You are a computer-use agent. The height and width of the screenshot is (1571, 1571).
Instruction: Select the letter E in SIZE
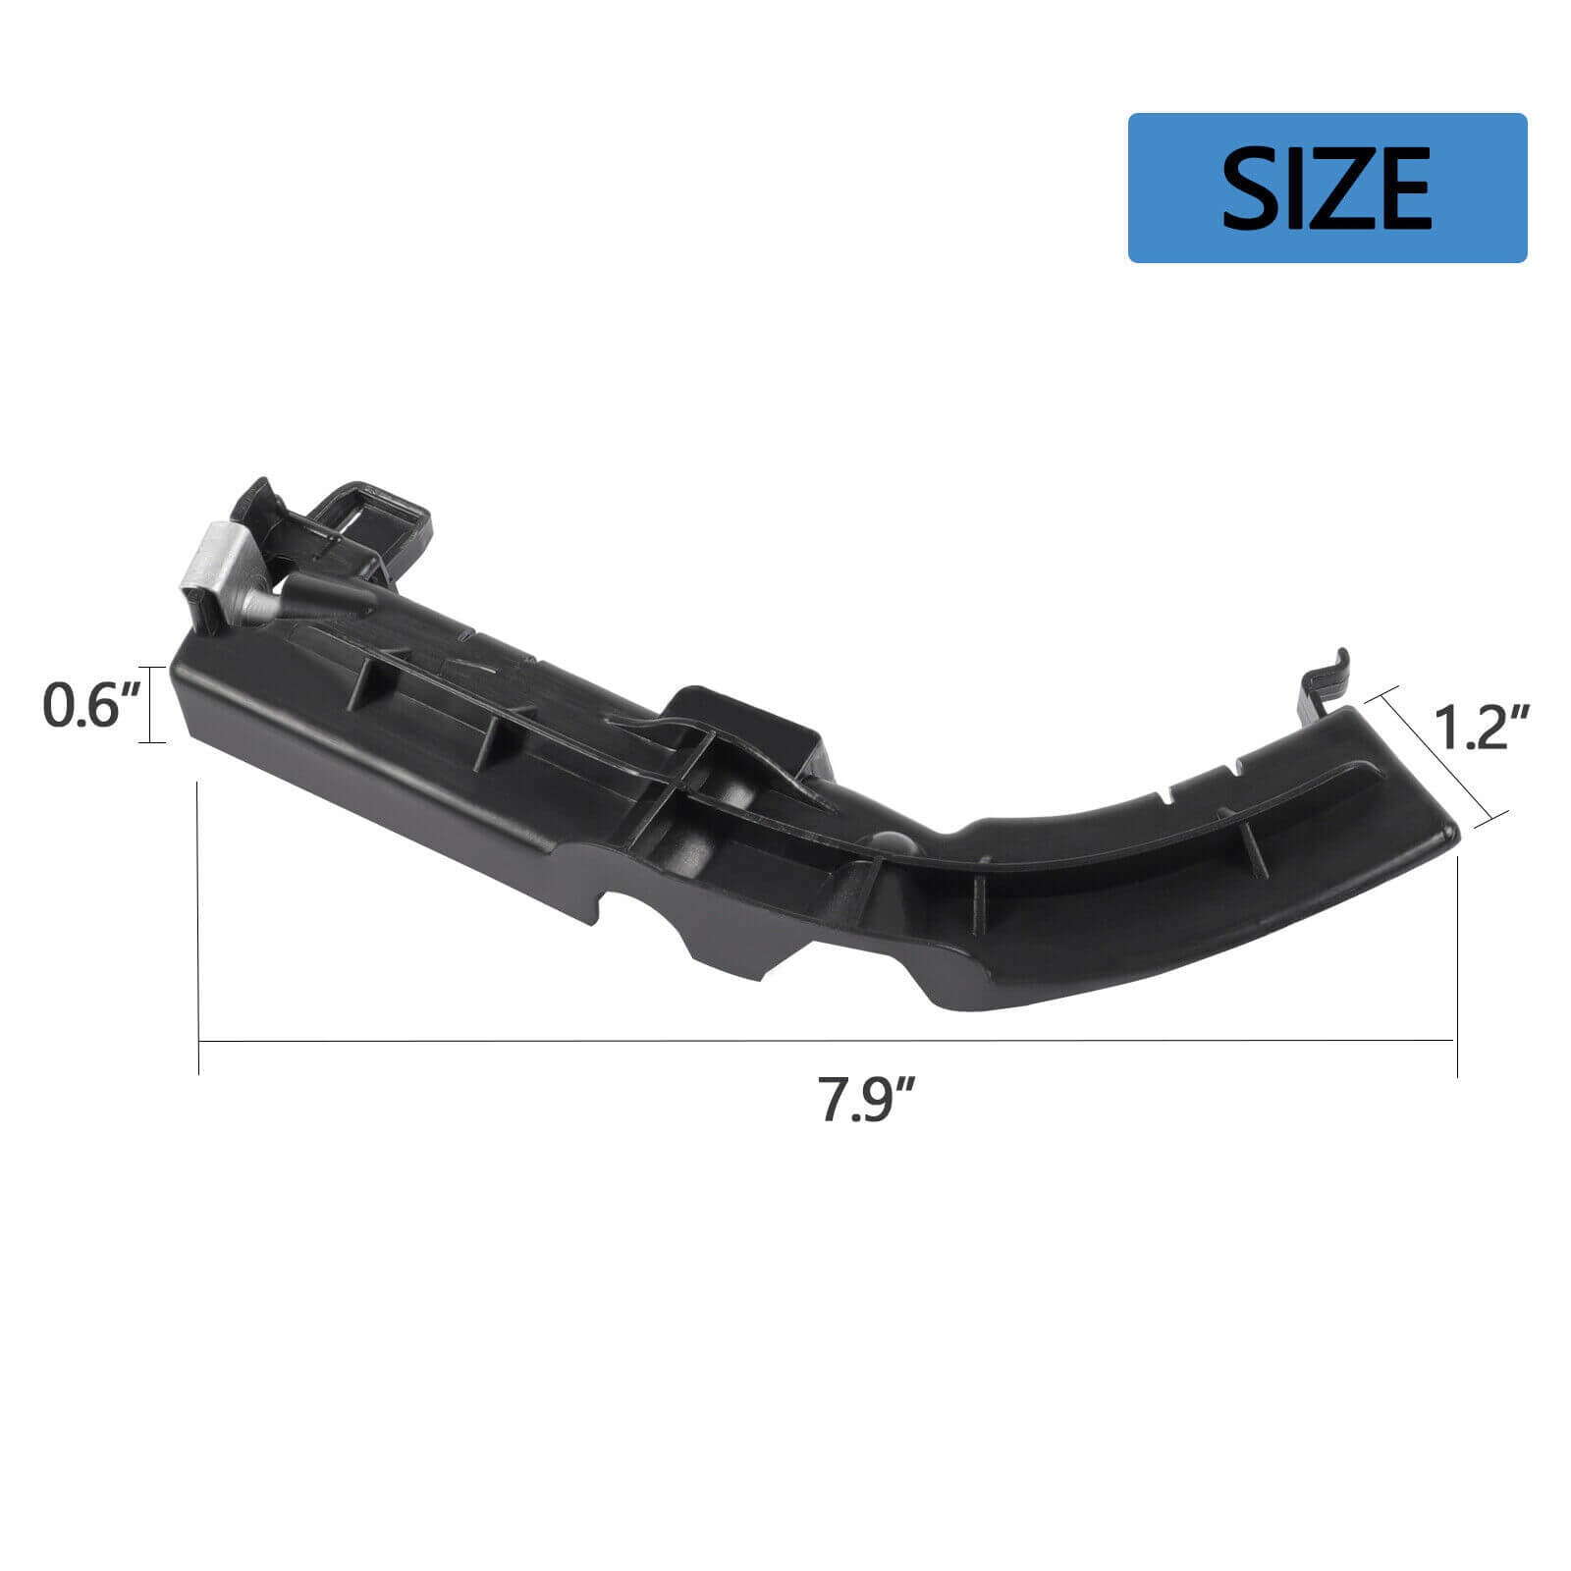click(x=1400, y=188)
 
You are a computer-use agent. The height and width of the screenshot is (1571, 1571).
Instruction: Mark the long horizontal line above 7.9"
click(x=825, y=1041)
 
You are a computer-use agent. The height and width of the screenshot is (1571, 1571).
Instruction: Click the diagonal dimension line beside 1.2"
click(x=1441, y=756)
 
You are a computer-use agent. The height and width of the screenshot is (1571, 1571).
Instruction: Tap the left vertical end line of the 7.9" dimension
click(x=199, y=928)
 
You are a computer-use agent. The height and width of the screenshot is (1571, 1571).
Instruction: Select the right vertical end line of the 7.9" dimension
click(x=1457, y=967)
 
